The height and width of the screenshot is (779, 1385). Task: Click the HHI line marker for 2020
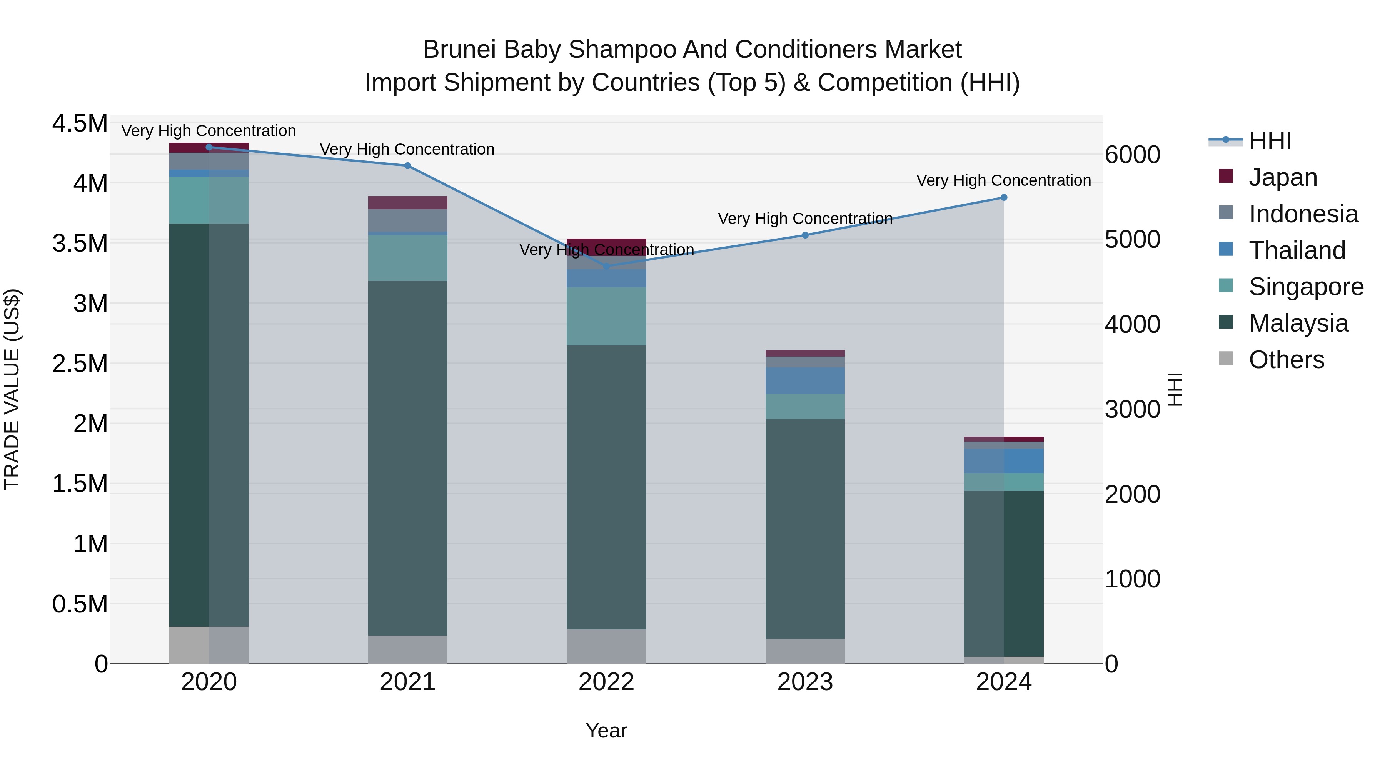(209, 147)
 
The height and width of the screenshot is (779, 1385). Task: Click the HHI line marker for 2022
(606, 266)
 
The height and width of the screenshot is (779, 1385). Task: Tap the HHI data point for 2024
(1003, 197)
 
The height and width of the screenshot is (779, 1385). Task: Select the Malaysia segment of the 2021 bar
(407, 457)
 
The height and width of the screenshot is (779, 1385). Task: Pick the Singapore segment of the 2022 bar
(606, 316)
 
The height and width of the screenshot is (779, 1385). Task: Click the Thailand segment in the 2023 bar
(805, 380)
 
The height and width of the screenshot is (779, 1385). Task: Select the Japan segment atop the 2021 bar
(407, 203)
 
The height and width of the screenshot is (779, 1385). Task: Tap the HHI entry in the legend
(1270, 141)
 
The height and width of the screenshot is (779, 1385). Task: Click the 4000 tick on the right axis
(1132, 324)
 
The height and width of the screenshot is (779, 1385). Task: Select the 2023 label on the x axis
(805, 682)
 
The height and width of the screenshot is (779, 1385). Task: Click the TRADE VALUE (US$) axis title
(12, 389)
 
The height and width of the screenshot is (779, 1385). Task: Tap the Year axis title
(606, 731)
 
